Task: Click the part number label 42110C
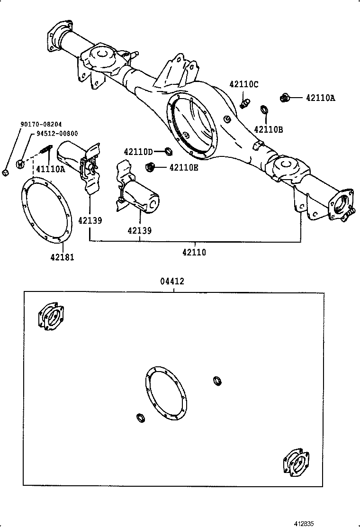point(244,84)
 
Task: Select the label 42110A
point(320,98)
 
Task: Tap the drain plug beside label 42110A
point(285,98)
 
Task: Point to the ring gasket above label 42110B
point(264,111)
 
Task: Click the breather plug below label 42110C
point(244,102)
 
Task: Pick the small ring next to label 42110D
point(168,152)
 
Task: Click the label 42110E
point(184,167)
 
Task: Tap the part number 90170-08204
point(41,124)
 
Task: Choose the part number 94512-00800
point(56,134)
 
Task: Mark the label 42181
point(62,257)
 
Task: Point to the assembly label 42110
point(194,253)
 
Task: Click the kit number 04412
point(172,282)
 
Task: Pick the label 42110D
point(138,152)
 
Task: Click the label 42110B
point(268,129)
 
